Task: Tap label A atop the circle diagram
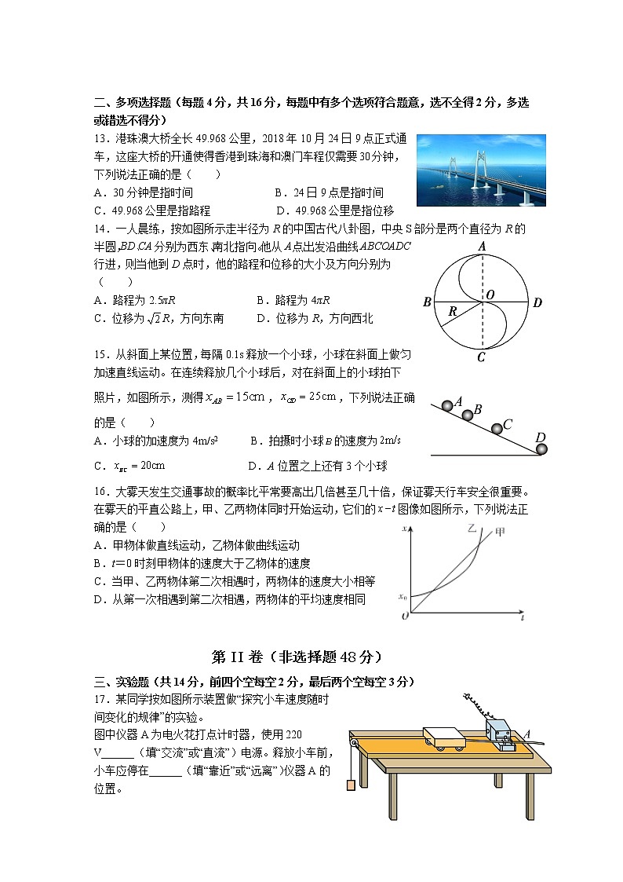click(483, 247)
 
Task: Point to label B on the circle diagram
click(427, 302)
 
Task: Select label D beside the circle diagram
click(537, 302)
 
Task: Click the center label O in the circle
click(490, 294)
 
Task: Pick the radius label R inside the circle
click(453, 312)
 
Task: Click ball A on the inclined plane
click(448, 405)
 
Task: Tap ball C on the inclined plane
click(497, 429)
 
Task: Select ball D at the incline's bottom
click(541, 448)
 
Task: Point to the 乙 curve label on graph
click(472, 529)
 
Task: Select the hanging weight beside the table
click(349, 784)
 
